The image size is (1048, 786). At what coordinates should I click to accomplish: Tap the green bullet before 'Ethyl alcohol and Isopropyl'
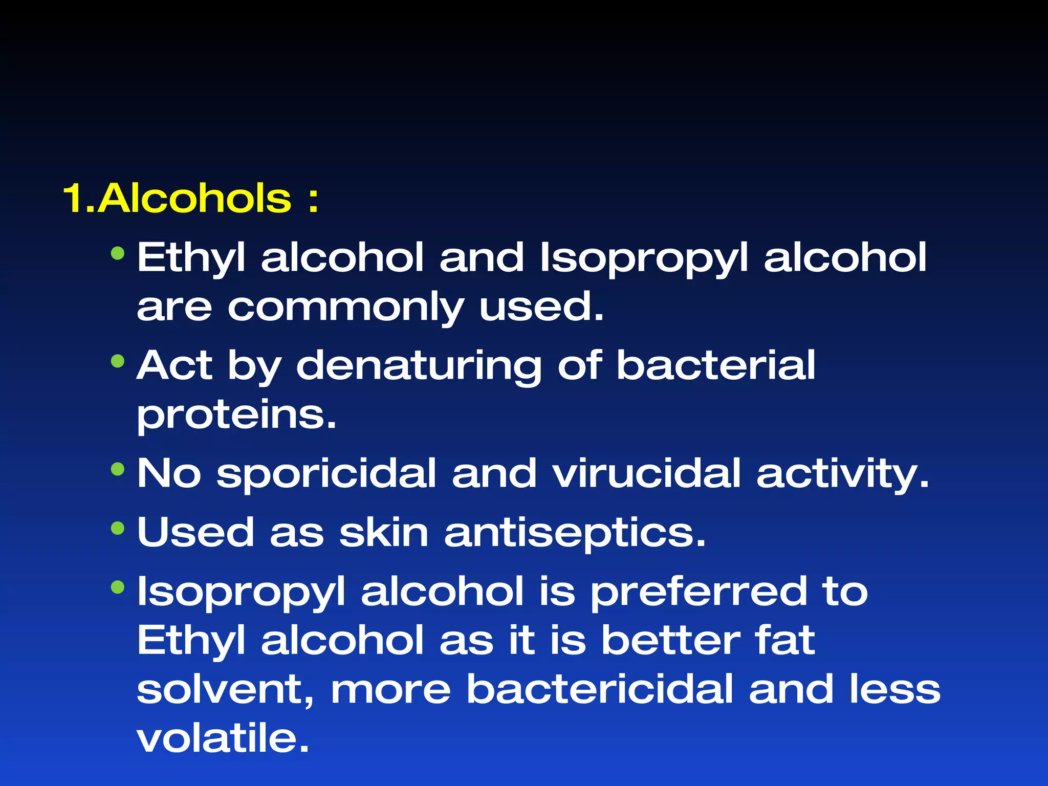click(x=118, y=253)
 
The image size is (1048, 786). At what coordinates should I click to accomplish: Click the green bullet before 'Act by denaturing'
click(x=118, y=362)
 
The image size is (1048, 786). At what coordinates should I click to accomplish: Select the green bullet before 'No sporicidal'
click(x=118, y=469)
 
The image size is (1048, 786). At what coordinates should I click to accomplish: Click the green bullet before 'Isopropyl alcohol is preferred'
click(x=118, y=587)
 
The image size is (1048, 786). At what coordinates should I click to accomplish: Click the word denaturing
click(x=419, y=366)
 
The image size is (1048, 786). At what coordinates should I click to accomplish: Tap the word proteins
click(x=236, y=415)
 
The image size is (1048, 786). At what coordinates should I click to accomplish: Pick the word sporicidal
click(x=326, y=473)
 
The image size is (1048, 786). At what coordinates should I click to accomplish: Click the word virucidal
click(x=646, y=473)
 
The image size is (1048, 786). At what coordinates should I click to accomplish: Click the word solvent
click(x=225, y=690)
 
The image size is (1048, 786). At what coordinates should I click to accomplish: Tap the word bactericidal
click(x=600, y=689)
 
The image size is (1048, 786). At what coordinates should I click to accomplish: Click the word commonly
click(x=346, y=308)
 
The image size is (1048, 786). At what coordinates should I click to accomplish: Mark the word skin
click(x=384, y=532)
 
